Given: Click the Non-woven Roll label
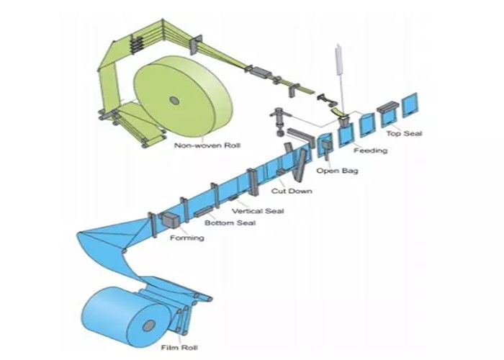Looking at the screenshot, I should pyautogui.click(x=207, y=145).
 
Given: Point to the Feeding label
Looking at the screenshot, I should pyautogui.click(x=370, y=151).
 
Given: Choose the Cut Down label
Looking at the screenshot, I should pyautogui.click(x=287, y=192).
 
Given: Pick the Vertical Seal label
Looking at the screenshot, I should pyautogui.click(x=257, y=211).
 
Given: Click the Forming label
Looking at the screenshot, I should pyautogui.click(x=186, y=238).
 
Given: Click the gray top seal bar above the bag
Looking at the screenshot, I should pyautogui.click(x=386, y=106).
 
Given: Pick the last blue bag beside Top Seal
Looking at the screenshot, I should pyautogui.click(x=410, y=105).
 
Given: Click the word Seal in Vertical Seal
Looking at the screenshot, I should pyautogui.click(x=274, y=211).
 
